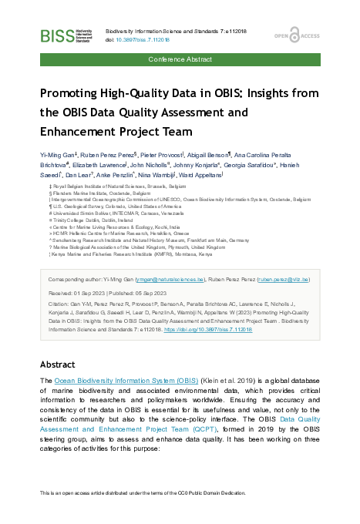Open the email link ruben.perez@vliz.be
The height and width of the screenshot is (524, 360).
click(284, 280)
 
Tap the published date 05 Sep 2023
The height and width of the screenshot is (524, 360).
click(157, 293)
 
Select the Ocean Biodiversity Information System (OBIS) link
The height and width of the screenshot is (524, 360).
click(126, 381)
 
